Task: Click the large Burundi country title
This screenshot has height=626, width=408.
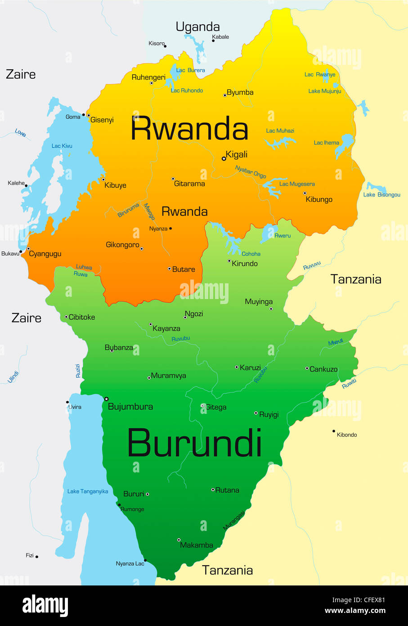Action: (194, 443)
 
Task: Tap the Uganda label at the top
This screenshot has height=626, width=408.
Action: (197, 27)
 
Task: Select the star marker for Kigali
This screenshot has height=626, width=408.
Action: (224, 159)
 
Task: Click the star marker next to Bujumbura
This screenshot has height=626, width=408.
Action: (107, 399)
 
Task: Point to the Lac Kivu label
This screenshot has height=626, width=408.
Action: (62, 146)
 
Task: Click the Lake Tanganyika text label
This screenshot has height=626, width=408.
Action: (88, 491)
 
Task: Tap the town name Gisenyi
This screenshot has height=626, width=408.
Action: (102, 120)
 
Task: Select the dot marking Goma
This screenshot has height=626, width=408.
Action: (84, 116)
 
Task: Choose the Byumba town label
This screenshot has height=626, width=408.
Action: (240, 92)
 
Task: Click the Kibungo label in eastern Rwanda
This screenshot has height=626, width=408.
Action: (319, 200)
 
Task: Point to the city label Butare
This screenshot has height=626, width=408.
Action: (184, 269)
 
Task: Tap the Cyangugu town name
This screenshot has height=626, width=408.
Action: (45, 254)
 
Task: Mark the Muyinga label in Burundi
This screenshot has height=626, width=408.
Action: (259, 302)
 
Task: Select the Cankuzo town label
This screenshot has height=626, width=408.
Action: (323, 369)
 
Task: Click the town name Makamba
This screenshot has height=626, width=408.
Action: (197, 545)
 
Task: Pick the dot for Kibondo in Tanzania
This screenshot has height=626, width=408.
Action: (334, 431)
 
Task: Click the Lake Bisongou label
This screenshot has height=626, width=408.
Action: (381, 195)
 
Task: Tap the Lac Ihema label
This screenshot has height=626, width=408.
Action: (326, 143)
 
